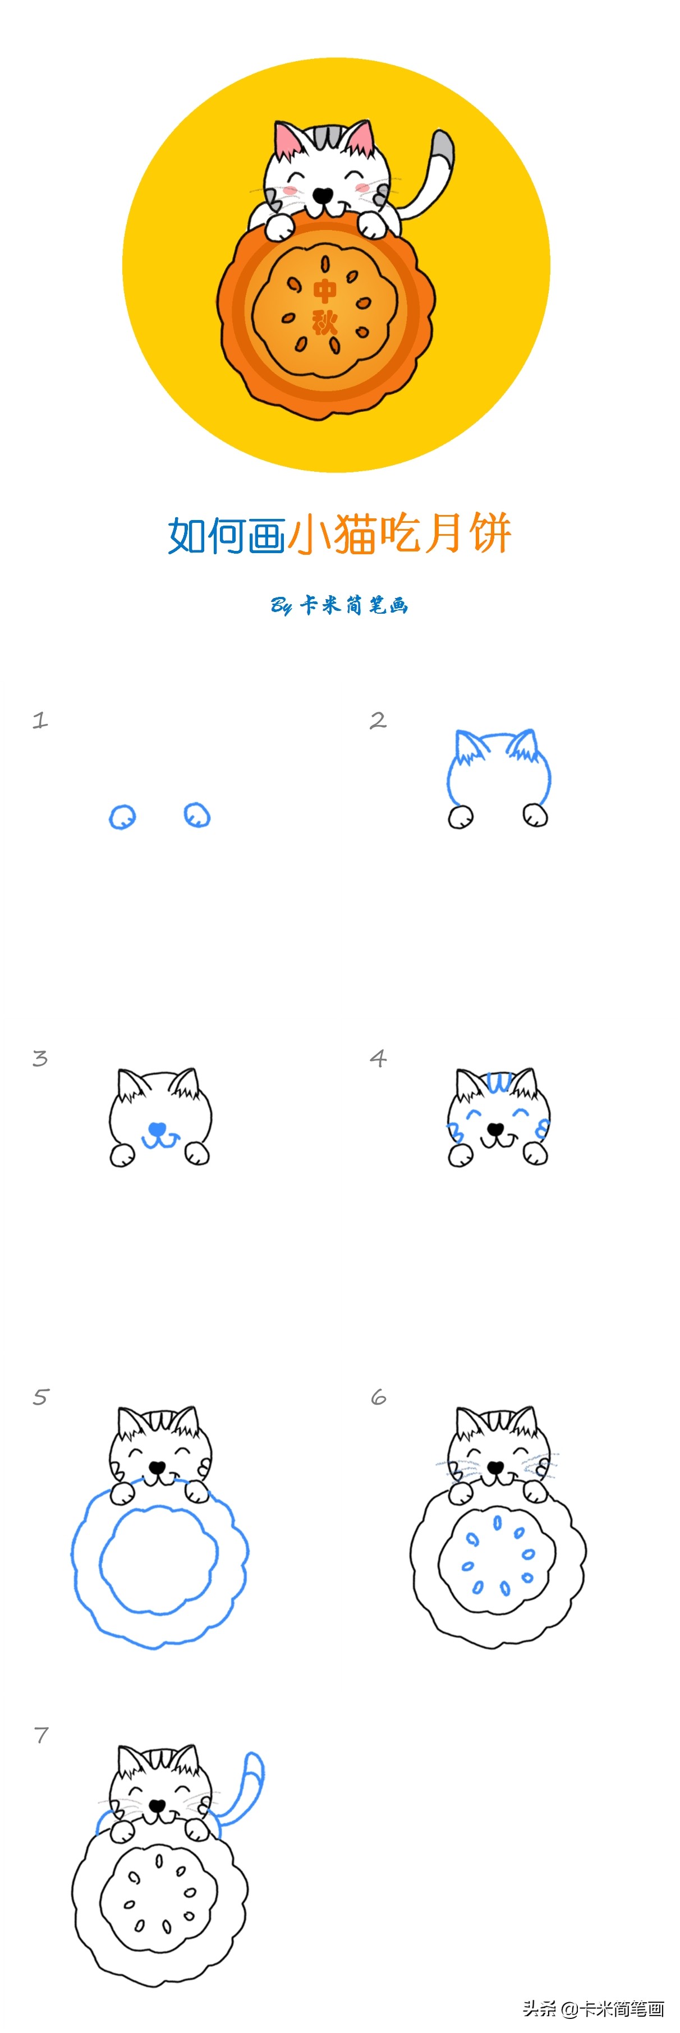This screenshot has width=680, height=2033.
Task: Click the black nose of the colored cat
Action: click(x=323, y=194)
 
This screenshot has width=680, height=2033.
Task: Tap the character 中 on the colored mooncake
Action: click(x=325, y=291)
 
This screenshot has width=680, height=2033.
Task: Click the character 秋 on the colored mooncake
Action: click(x=325, y=322)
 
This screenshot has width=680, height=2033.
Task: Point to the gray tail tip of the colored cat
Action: click(x=443, y=148)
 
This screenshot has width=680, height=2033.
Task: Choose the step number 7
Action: click(x=41, y=1736)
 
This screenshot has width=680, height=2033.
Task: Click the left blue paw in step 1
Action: click(x=122, y=817)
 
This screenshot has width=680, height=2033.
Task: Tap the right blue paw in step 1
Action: click(x=197, y=815)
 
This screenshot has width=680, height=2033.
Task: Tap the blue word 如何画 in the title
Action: click(x=227, y=535)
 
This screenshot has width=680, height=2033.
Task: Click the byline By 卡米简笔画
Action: click(x=339, y=605)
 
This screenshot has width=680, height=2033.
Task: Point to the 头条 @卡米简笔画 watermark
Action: click(x=593, y=2008)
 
